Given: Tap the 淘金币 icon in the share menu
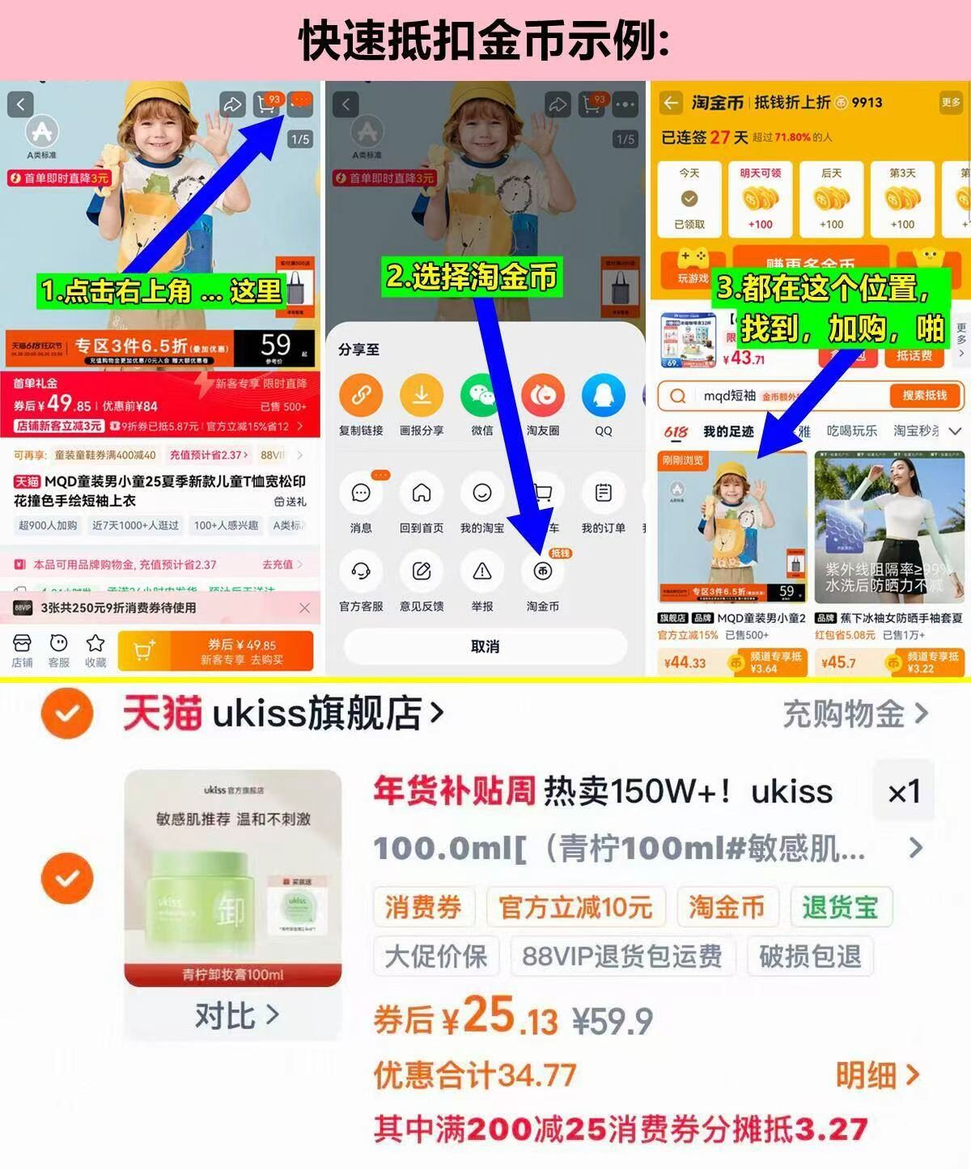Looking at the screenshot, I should tap(542, 572).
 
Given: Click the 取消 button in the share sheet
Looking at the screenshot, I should tap(485, 646).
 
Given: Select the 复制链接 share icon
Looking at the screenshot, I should tap(361, 396).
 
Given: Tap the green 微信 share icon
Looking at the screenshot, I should tap(482, 396).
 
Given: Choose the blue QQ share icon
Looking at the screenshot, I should tap(604, 396).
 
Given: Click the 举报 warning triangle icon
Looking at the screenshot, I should tap(482, 572).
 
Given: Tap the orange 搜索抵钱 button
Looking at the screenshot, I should tap(924, 396).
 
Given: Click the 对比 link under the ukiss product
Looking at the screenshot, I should tap(235, 1014).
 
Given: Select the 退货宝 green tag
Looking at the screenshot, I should tap(840, 907).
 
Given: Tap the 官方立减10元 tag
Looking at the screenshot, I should tap(575, 907).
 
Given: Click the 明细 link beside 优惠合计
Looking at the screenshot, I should tap(877, 1075).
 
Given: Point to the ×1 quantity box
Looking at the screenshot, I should tap(903, 792).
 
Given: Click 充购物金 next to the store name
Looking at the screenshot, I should tap(854, 714).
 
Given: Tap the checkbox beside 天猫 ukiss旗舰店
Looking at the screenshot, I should tap(67, 714).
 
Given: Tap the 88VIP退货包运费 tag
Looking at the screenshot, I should tap(621, 956).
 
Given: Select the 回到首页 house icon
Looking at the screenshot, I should tap(422, 493).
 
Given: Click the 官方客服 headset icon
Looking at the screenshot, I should tap(361, 572).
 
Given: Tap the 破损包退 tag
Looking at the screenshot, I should tap(810, 956).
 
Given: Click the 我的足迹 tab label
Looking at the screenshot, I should tap(728, 431).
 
